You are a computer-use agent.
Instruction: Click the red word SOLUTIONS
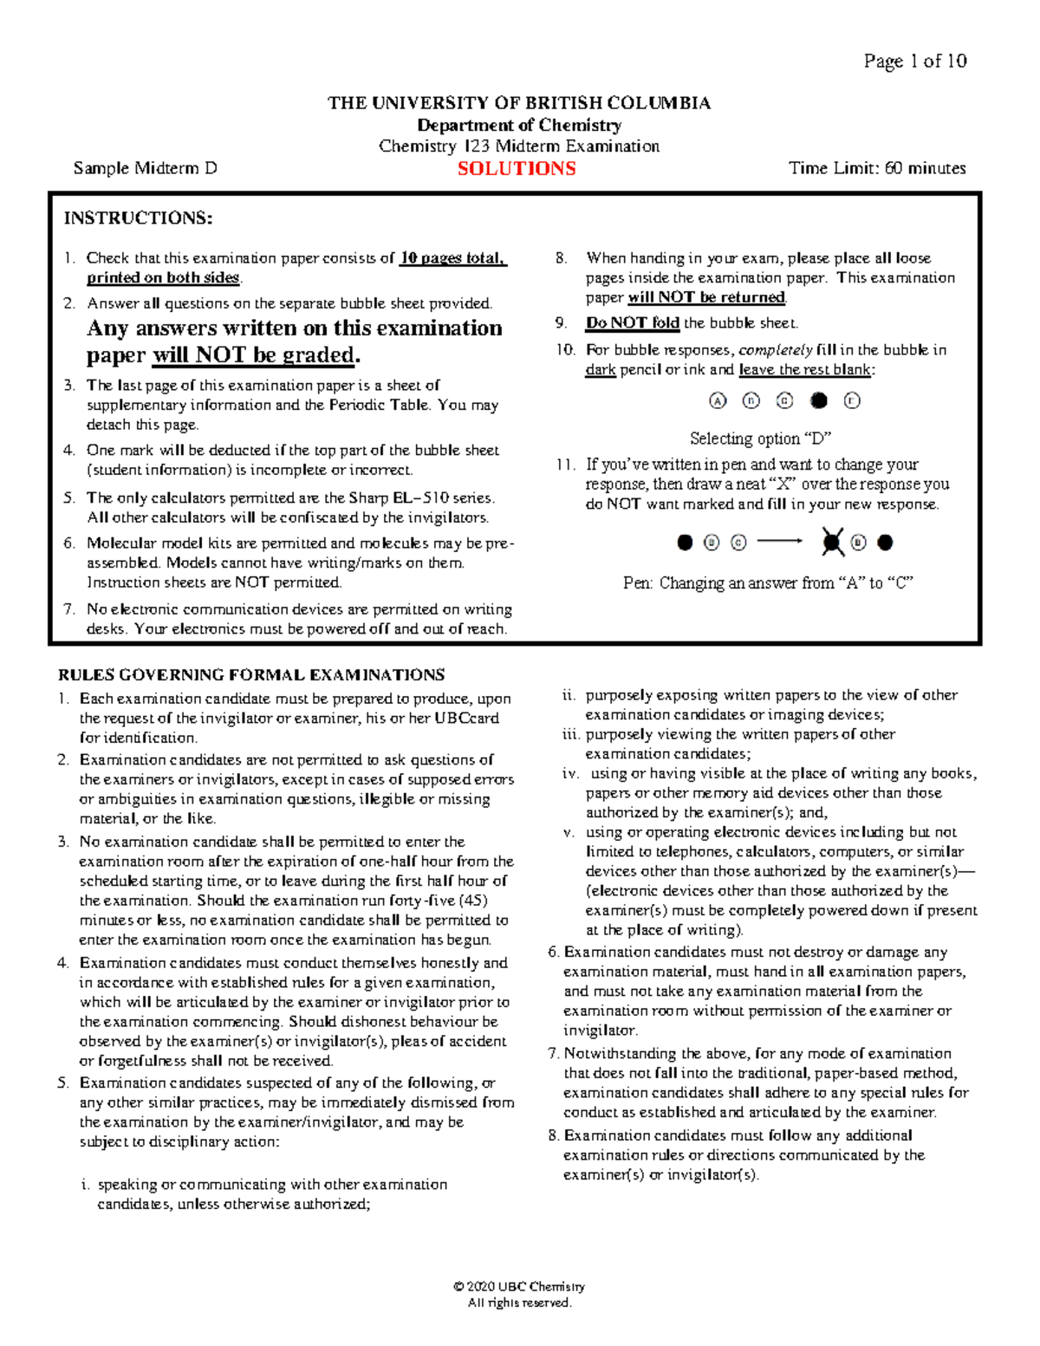coord(517,169)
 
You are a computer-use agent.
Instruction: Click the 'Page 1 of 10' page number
coord(914,61)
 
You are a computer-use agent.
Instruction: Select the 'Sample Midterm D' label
coord(145,168)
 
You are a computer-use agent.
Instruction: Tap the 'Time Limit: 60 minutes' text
coord(877,168)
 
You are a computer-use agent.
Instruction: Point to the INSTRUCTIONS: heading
coord(138,218)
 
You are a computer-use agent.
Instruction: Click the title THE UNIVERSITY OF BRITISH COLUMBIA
coord(519,103)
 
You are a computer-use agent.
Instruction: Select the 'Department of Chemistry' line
coord(519,125)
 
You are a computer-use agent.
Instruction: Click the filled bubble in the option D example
coord(818,400)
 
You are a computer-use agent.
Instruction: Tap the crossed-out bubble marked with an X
coord(832,543)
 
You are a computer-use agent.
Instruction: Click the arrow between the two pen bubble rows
coord(780,543)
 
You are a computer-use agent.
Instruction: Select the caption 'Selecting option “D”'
coord(760,439)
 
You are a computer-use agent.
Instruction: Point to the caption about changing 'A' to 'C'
coord(768,583)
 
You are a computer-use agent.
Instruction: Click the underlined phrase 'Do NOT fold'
coord(633,323)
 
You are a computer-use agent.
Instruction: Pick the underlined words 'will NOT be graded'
coord(255,355)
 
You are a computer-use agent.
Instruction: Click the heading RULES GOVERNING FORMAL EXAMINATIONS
coord(251,674)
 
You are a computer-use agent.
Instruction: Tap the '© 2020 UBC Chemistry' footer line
coord(519,1286)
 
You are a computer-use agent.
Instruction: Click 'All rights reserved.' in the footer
coord(519,1303)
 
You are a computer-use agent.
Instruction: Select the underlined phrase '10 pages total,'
coord(452,258)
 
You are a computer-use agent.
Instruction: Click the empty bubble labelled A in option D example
coord(717,400)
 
